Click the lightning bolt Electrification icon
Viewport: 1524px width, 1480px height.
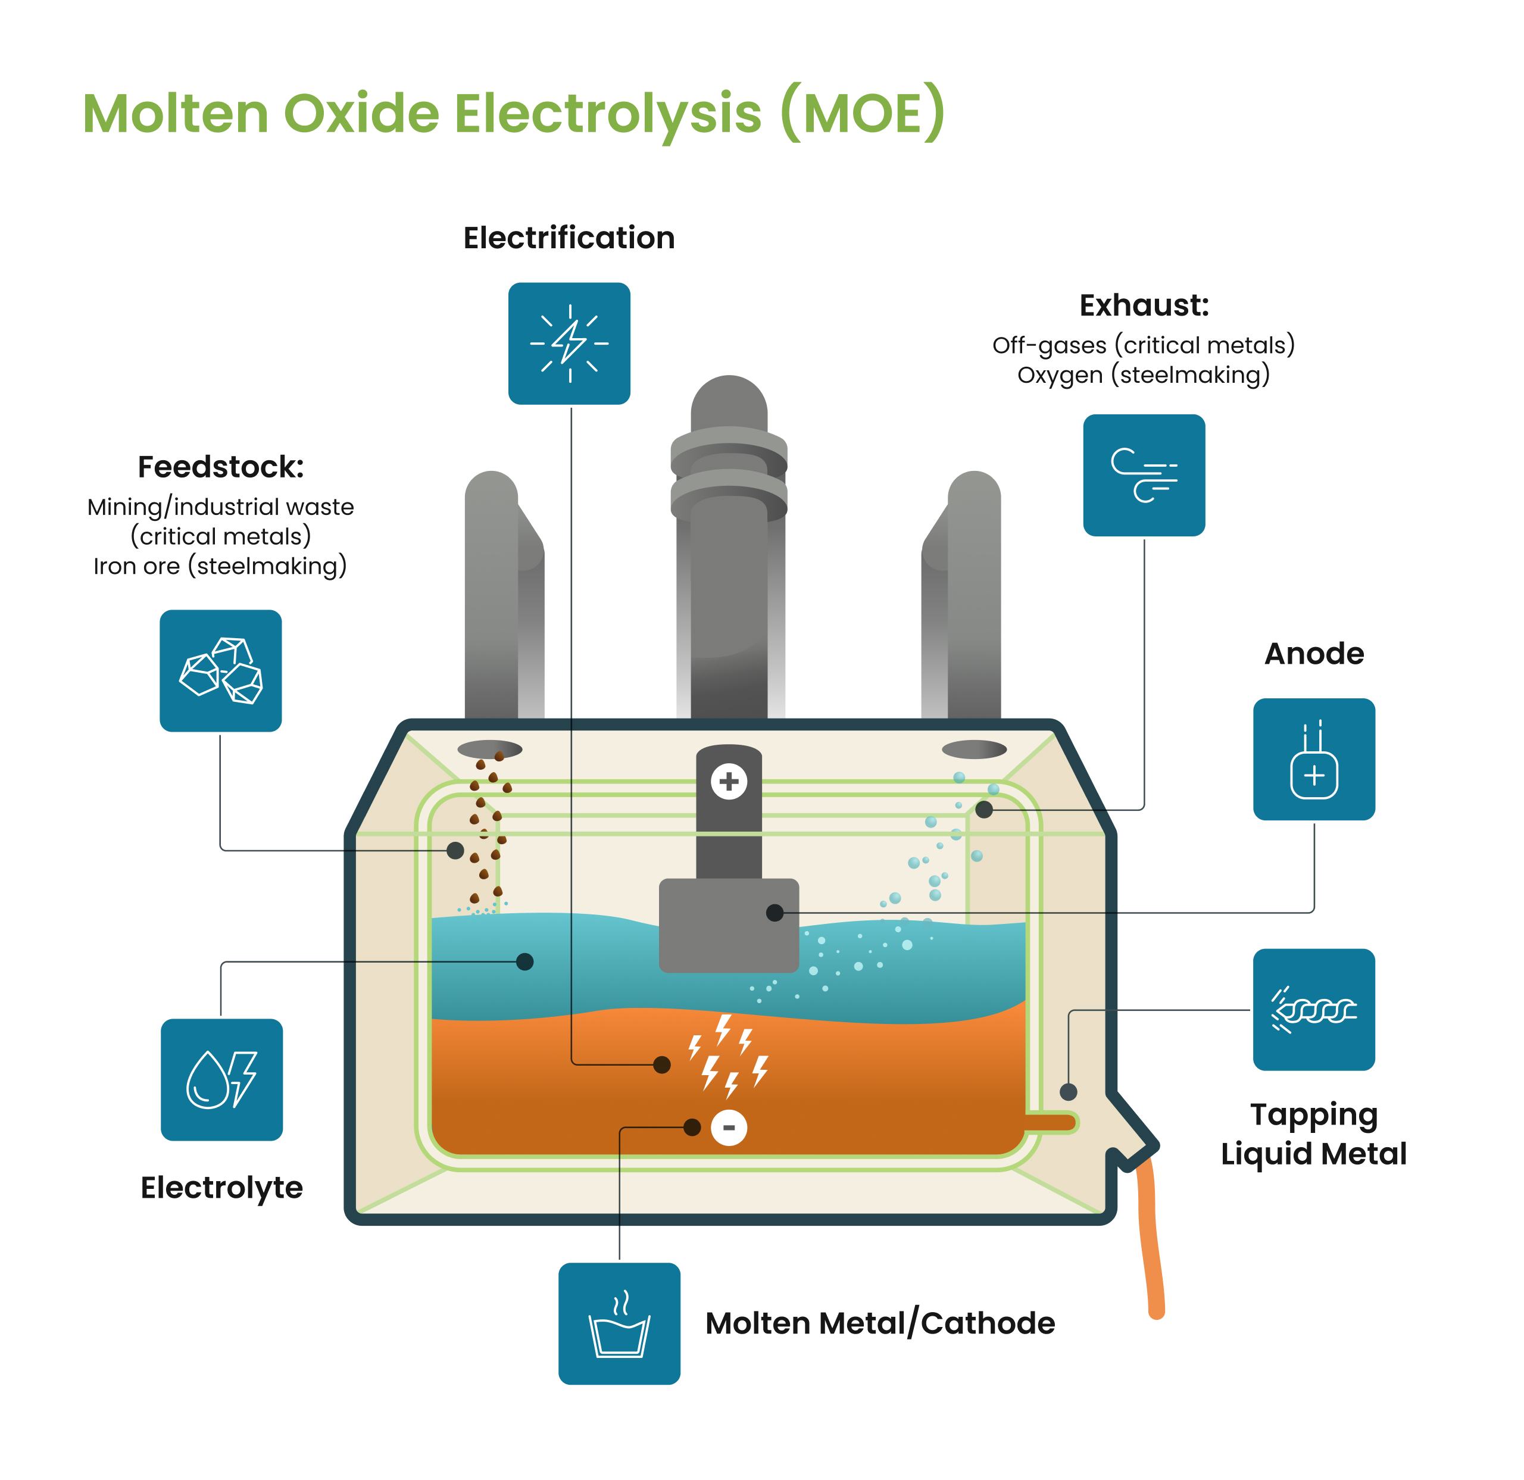pos(569,343)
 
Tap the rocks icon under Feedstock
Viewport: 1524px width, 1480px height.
pos(221,670)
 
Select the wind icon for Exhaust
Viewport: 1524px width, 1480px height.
pos(1144,475)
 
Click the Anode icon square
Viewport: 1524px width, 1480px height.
pos(1314,759)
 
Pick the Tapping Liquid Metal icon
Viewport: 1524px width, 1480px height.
pos(1314,1010)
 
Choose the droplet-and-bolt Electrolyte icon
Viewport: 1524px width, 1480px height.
pos(221,1079)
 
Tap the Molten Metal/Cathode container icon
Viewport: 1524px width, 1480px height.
pos(619,1323)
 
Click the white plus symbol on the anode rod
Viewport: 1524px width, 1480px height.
pos(729,781)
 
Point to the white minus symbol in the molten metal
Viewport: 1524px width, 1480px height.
pos(729,1127)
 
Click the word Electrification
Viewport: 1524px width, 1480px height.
pos(569,238)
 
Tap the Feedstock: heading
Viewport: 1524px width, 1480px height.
pos(221,467)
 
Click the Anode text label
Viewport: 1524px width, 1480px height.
pos(1314,653)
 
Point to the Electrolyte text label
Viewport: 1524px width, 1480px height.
pos(221,1188)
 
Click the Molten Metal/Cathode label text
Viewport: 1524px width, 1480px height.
pos(880,1323)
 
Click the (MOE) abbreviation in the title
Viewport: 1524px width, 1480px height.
pos(863,114)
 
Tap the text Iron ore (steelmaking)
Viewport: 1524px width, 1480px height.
pos(220,566)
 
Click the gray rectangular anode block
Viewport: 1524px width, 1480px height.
pos(729,926)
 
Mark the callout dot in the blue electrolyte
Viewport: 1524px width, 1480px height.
pos(525,962)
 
